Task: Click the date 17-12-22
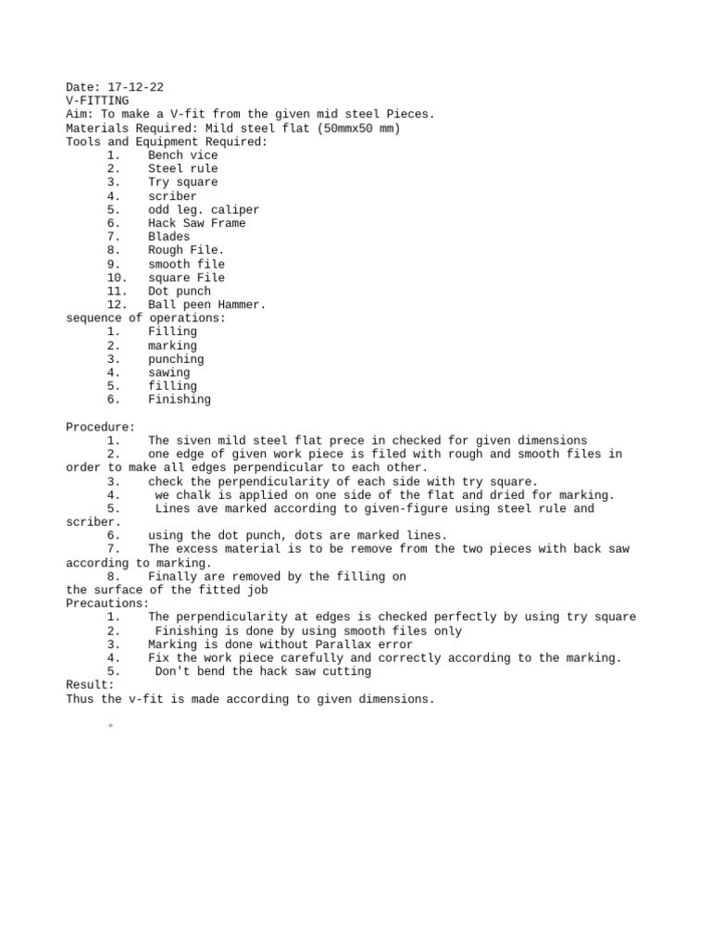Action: pyautogui.click(x=136, y=87)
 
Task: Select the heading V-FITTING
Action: pyautogui.click(x=97, y=101)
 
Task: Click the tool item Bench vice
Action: pyautogui.click(x=182, y=156)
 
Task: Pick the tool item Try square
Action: pyautogui.click(x=182, y=182)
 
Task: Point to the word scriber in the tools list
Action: pyautogui.click(x=172, y=196)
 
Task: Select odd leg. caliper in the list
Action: pyautogui.click(x=204, y=210)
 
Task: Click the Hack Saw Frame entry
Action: pyautogui.click(x=196, y=223)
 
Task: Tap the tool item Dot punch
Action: pyautogui.click(x=180, y=291)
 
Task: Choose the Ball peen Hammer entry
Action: pyautogui.click(x=206, y=305)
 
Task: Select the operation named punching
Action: pyautogui.click(x=176, y=359)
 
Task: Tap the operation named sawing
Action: pyautogui.click(x=168, y=373)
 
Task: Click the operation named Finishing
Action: pyautogui.click(x=180, y=400)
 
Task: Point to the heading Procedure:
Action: pyautogui.click(x=100, y=427)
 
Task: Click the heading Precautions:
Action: pyautogui.click(x=107, y=604)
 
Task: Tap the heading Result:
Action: pyautogui.click(x=90, y=685)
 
